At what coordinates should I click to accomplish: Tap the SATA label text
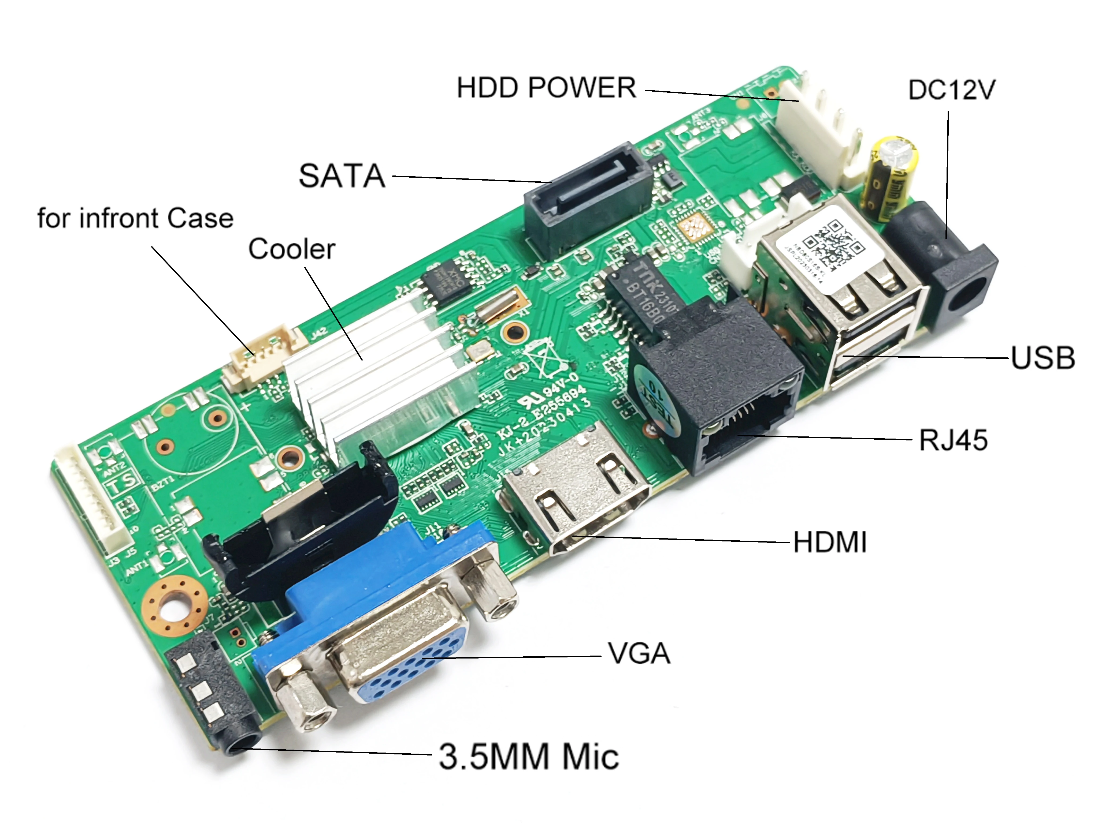(342, 176)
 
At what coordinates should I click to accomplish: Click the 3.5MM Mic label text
(529, 757)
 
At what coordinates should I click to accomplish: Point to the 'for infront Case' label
(135, 218)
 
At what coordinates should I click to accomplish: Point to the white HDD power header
(819, 134)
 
